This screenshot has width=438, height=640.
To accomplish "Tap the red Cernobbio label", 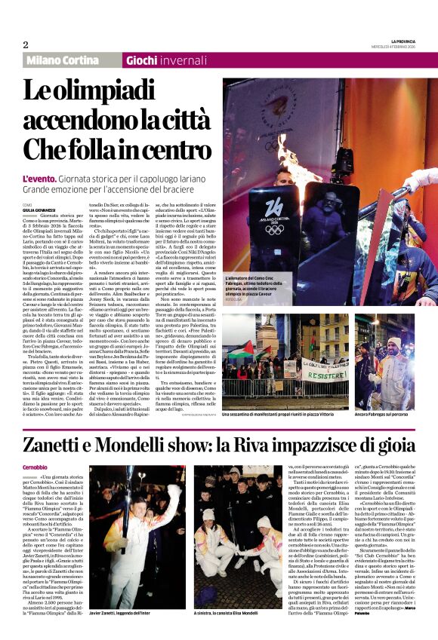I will click(34, 467).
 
